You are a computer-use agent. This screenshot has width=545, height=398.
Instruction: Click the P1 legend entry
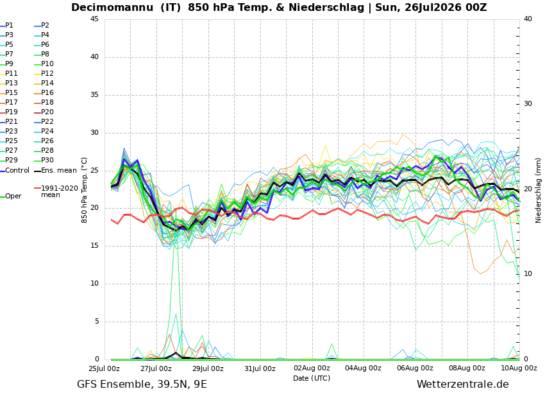[7, 26]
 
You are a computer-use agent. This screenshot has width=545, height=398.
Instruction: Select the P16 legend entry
[44, 92]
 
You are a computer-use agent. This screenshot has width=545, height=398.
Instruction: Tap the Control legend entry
[15, 171]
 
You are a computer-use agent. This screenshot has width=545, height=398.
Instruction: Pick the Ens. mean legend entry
[56, 171]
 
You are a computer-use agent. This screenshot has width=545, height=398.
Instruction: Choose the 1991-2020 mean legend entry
[56, 191]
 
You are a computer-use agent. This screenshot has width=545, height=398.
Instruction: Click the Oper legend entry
[11, 196]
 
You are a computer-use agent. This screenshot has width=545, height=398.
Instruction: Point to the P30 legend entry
[44, 160]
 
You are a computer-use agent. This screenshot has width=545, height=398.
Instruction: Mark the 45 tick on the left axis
[94, 19]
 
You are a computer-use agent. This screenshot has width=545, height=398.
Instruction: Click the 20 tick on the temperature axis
[94, 208]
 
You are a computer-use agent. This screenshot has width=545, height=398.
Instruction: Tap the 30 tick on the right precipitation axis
[528, 104]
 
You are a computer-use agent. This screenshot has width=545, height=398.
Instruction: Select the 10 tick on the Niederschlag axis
[528, 274]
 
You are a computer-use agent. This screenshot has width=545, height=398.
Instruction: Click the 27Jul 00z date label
[156, 368]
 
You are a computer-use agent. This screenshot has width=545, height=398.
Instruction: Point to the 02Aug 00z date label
[312, 368]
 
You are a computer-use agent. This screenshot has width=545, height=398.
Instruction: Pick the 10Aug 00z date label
[519, 368]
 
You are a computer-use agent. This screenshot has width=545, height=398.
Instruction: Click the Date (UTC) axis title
[312, 378]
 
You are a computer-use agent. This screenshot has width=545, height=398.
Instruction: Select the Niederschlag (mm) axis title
[539, 189]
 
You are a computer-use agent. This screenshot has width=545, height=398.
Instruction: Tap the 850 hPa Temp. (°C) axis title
[84, 190]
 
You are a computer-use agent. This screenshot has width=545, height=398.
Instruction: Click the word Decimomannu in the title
[112, 7]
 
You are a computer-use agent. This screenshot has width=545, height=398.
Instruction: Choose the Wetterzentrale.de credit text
[463, 385]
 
